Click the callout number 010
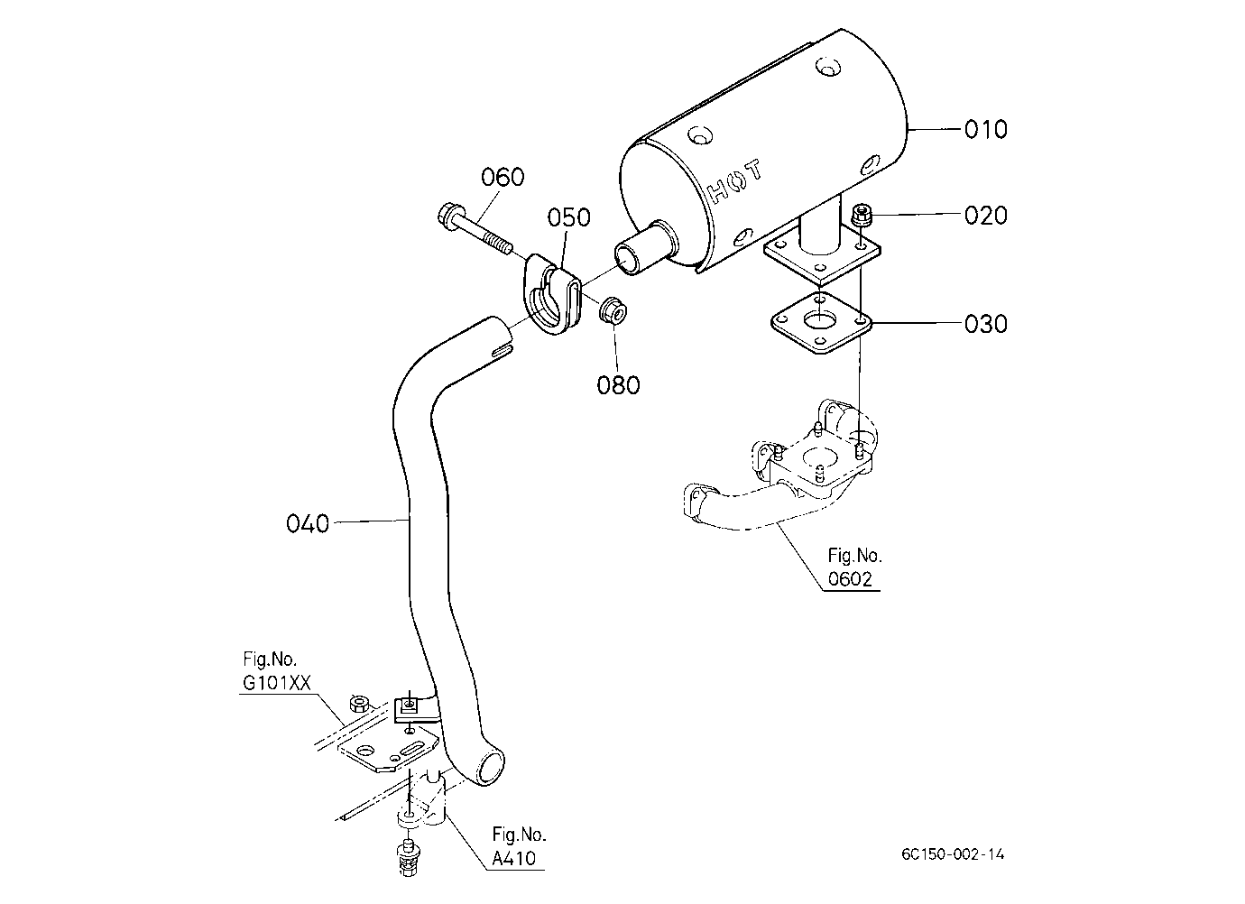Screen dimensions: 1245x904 tap(985, 129)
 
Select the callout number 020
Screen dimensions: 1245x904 tap(985, 215)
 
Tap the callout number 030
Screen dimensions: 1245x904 tap(985, 324)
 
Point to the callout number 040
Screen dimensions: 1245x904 tap(308, 523)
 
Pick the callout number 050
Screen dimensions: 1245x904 tap(568, 217)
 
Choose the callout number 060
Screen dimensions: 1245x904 tap(503, 178)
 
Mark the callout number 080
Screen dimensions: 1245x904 tap(618, 384)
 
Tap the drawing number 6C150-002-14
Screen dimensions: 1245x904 tap(953, 854)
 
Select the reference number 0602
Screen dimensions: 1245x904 tap(850, 579)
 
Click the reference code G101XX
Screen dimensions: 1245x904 tap(277, 683)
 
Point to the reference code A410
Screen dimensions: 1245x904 tap(514, 858)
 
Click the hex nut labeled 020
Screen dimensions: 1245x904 tap(861, 214)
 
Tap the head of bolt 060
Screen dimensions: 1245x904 tap(447, 214)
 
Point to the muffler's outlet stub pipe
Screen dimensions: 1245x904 tap(645, 248)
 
